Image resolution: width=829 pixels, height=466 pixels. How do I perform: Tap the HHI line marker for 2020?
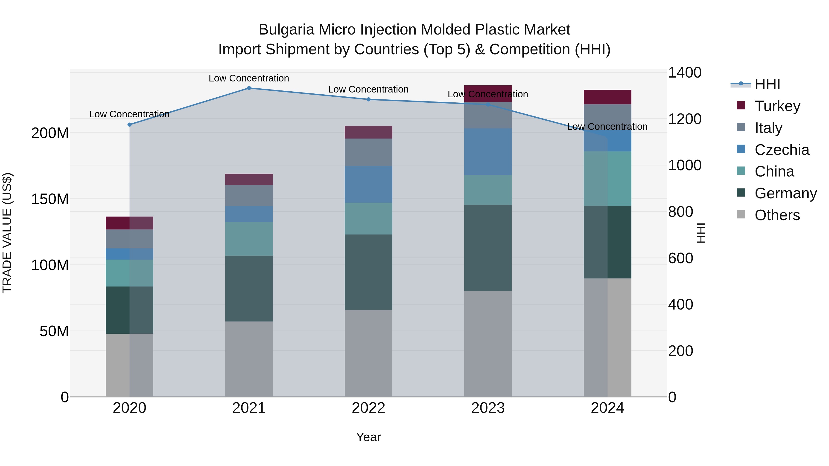(x=129, y=124)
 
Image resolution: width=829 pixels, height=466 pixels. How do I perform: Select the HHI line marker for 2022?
(x=368, y=99)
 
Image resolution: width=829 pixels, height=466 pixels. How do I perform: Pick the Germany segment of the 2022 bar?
(x=368, y=272)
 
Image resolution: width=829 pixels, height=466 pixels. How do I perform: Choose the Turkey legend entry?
(x=777, y=106)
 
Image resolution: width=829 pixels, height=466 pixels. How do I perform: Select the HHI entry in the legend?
(x=767, y=84)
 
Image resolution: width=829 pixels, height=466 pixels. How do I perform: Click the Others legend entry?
(x=777, y=215)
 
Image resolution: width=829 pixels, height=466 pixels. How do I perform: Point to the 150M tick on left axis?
(x=50, y=199)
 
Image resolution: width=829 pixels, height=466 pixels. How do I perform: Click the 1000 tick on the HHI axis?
(x=685, y=165)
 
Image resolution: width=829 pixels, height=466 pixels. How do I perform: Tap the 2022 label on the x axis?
(x=368, y=408)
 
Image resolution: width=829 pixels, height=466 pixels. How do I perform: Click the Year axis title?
(x=368, y=437)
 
